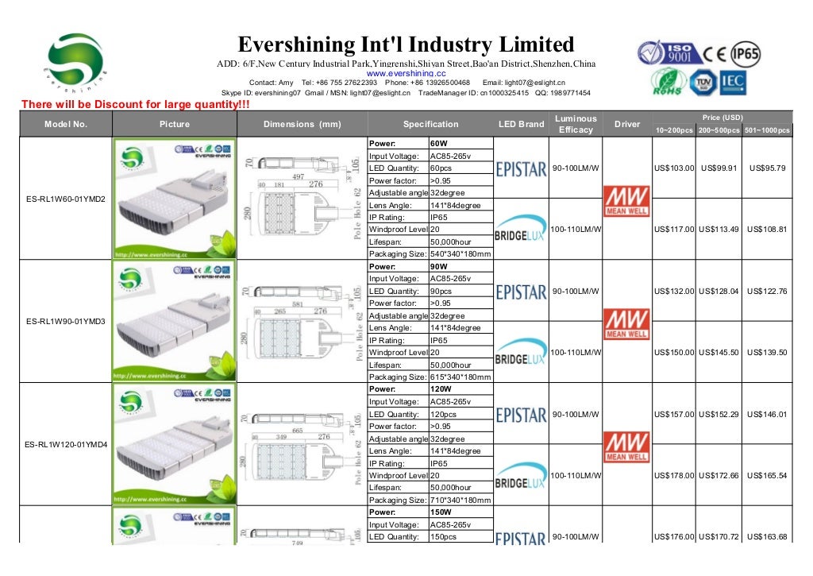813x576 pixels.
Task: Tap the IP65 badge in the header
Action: click(x=746, y=53)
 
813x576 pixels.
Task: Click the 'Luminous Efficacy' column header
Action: click(x=576, y=124)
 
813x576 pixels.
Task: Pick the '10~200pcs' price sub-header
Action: click(x=673, y=130)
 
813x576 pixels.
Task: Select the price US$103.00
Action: click(x=674, y=168)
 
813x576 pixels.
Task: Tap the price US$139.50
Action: click(x=769, y=352)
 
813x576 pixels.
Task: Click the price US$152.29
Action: click(x=720, y=414)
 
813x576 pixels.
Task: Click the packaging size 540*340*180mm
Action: click(x=460, y=253)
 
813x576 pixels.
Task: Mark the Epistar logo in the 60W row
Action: click(x=521, y=168)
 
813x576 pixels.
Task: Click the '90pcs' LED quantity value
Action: click(x=441, y=291)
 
